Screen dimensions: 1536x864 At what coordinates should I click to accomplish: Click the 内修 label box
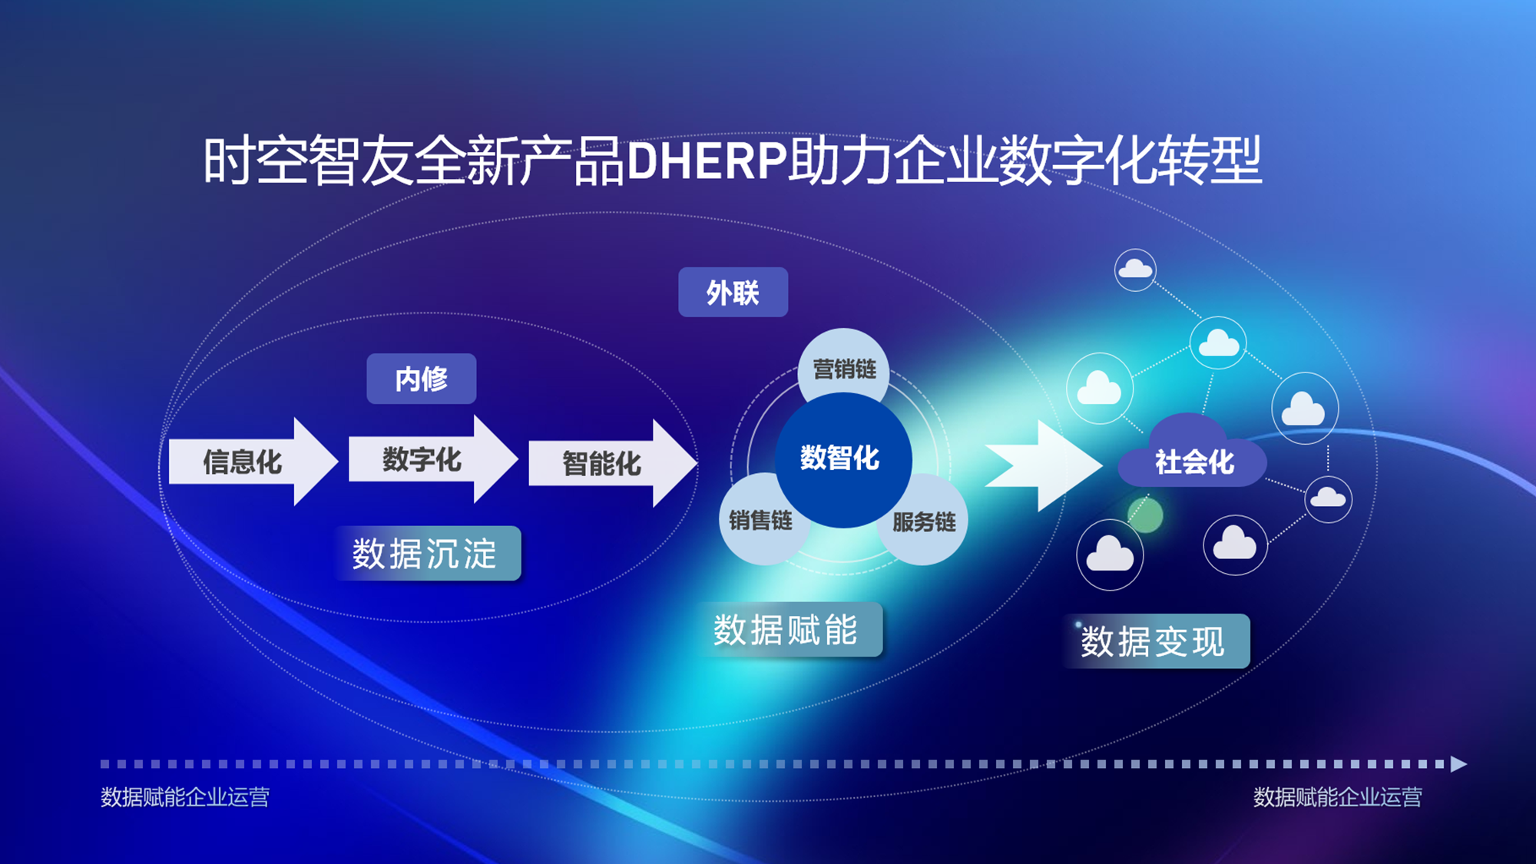tap(422, 379)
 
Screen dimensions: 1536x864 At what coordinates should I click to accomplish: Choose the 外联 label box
tap(733, 292)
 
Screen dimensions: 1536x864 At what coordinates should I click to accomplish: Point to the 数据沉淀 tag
tap(427, 553)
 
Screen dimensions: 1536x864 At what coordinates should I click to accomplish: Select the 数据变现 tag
tap(1157, 641)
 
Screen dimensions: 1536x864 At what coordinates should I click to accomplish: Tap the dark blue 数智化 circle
tap(843, 459)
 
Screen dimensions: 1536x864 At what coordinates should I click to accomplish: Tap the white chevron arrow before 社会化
tap(1044, 465)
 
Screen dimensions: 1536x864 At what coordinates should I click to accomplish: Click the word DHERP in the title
tap(707, 161)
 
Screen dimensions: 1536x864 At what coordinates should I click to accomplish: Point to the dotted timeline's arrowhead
tap(1458, 764)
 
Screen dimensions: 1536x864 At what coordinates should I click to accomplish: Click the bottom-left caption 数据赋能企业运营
tap(185, 797)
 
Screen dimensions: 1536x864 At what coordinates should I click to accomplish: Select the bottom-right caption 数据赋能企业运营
tap(1338, 797)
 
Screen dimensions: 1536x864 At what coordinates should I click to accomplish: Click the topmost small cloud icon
tap(1135, 270)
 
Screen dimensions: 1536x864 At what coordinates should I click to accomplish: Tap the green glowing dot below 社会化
tap(1145, 515)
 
